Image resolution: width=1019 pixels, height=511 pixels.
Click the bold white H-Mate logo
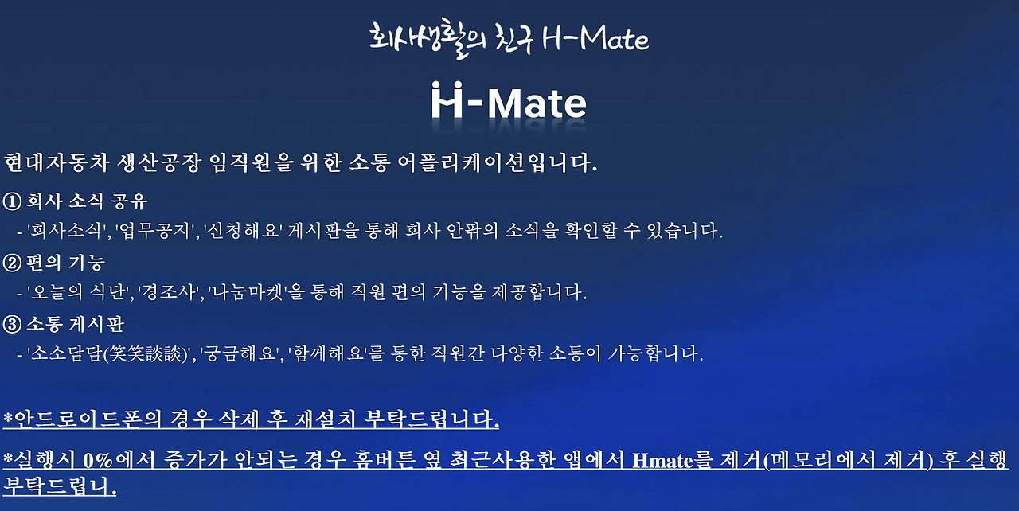509,102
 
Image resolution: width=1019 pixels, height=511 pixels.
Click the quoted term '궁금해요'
239,354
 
